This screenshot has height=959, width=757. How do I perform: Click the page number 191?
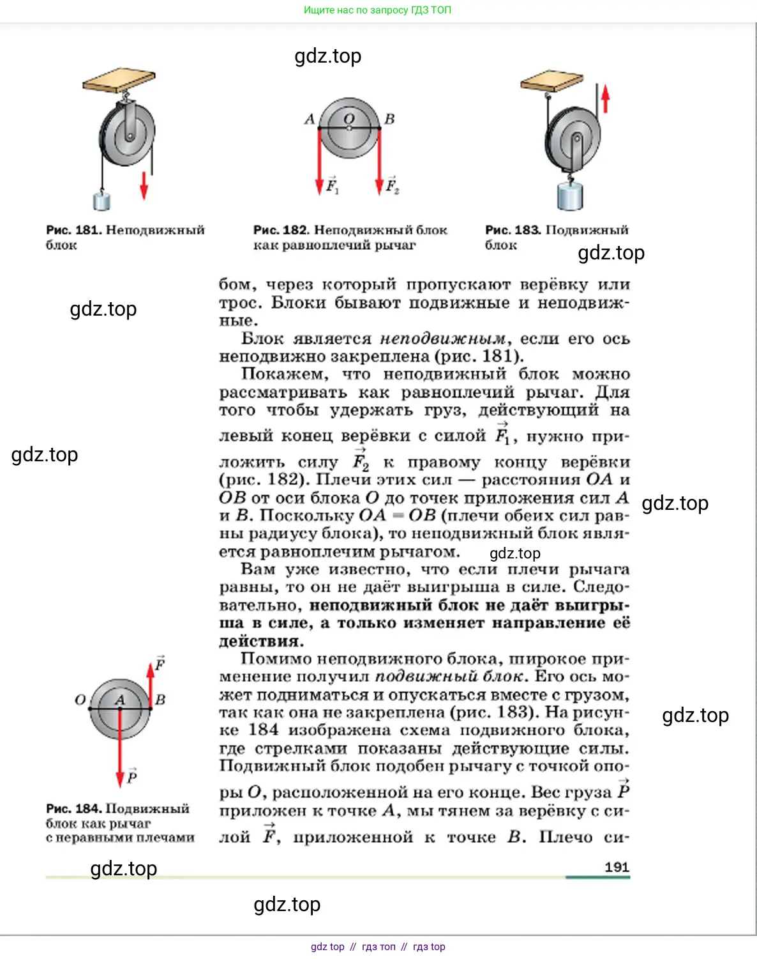pyautogui.click(x=617, y=866)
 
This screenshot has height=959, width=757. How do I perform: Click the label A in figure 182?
pyautogui.click(x=310, y=119)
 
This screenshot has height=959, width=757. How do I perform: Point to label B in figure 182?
pyautogui.click(x=389, y=119)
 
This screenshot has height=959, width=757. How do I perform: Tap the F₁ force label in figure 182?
pyautogui.click(x=332, y=185)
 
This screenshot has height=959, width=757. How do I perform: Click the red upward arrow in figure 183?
pyautogui.click(x=606, y=99)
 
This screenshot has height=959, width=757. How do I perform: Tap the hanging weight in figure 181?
pyautogui.click(x=102, y=200)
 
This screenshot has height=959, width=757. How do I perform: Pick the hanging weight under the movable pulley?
pyautogui.click(x=570, y=196)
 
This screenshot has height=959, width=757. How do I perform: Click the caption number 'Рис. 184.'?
pyautogui.click(x=73, y=809)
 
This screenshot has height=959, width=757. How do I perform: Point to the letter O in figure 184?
pyautogui.click(x=80, y=700)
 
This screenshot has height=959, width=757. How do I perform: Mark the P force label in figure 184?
pyautogui.click(x=132, y=776)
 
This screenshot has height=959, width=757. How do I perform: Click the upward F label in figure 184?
pyautogui.click(x=160, y=664)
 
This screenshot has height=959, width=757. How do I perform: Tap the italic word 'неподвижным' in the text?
pyautogui.click(x=442, y=339)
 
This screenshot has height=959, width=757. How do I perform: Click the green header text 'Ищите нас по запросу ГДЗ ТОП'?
pyautogui.click(x=377, y=10)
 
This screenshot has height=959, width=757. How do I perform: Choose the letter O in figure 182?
pyautogui.click(x=349, y=118)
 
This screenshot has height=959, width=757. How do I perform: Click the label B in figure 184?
pyautogui.click(x=160, y=700)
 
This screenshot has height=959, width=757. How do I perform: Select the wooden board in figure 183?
pyautogui.click(x=551, y=81)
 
